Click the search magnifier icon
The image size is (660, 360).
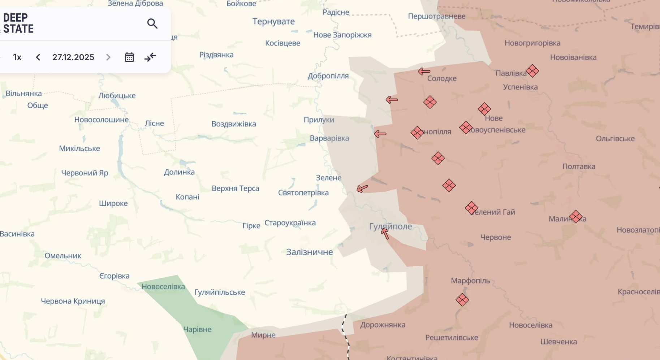(x=152, y=24)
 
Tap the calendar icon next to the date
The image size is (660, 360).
(x=129, y=57)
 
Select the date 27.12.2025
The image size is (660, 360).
(x=73, y=57)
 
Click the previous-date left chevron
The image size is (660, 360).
(x=38, y=57)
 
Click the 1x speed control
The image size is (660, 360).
(x=17, y=57)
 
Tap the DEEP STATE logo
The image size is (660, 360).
(x=18, y=23)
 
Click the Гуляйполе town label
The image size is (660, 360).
(x=390, y=226)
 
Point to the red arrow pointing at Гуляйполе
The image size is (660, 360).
(x=385, y=234)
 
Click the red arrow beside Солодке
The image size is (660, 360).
(x=424, y=71)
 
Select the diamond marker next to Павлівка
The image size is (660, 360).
(x=532, y=71)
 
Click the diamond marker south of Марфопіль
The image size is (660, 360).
(x=462, y=300)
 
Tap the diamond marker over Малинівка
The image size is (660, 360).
(x=575, y=217)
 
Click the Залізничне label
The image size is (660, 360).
(x=309, y=252)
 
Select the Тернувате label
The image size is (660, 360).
(x=273, y=21)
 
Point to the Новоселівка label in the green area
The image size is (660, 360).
(x=163, y=287)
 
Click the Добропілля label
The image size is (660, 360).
(x=328, y=76)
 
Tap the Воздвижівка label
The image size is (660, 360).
(x=233, y=124)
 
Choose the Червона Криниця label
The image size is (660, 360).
(x=73, y=301)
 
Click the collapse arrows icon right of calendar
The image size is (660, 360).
(x=150, y=57)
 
